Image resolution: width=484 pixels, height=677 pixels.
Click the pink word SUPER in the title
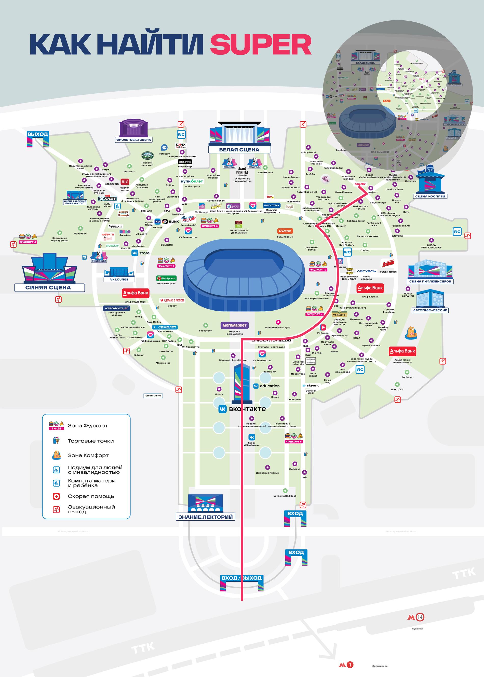click(x=261, y=44)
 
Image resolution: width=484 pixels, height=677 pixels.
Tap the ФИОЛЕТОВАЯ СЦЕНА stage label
click(x=133, y=140)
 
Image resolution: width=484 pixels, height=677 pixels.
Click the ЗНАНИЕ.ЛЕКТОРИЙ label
click(x=205, y=517)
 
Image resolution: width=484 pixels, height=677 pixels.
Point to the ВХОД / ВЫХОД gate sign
click(x=241, y=578)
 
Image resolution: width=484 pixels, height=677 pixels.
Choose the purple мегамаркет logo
click(x=235, y=325)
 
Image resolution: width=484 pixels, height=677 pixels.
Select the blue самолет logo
click(x=165, y=327)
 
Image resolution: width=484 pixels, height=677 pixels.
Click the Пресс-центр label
click(x=153, y=396)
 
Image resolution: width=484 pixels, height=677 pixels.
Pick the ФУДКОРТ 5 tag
click(x=28, y=242)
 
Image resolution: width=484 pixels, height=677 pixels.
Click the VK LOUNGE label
click(x=119, y=279)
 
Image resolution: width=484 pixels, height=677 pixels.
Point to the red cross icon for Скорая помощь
click(x=56, y=496)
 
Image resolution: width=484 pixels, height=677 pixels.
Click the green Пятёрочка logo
click(x=166, y=278)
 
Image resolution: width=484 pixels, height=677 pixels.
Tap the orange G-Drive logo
click(x=285, y=231)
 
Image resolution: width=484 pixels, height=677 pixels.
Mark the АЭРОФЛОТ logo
click(x=114, y=308)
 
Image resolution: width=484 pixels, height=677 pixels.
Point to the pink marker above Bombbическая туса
click(x=278, y=322)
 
